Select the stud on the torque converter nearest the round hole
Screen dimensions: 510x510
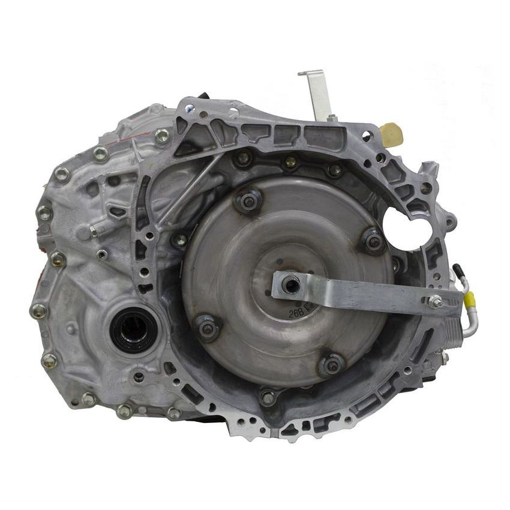click(x=373, y=241)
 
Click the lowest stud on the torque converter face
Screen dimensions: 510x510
click(x=331, y=364)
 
